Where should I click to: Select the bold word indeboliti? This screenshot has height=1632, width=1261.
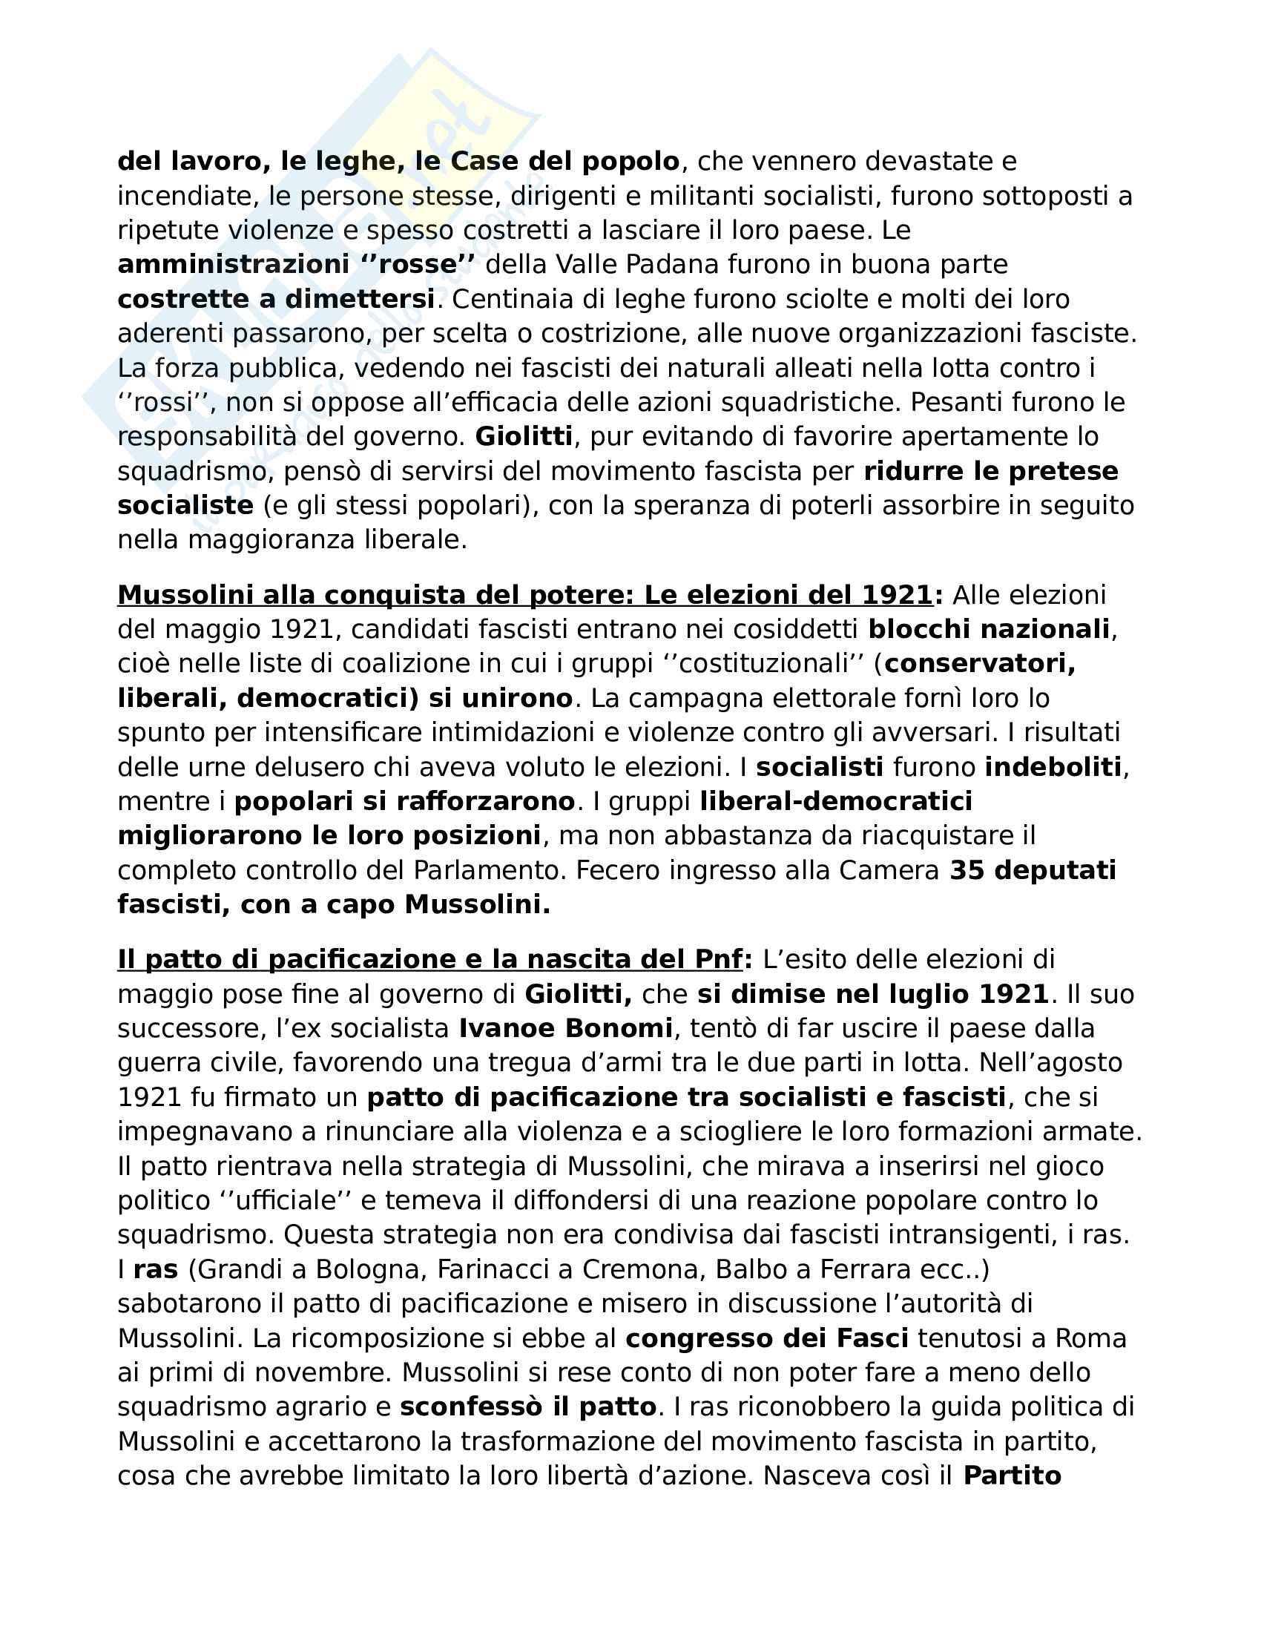pyautogui.click(x=1053, y=767)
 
